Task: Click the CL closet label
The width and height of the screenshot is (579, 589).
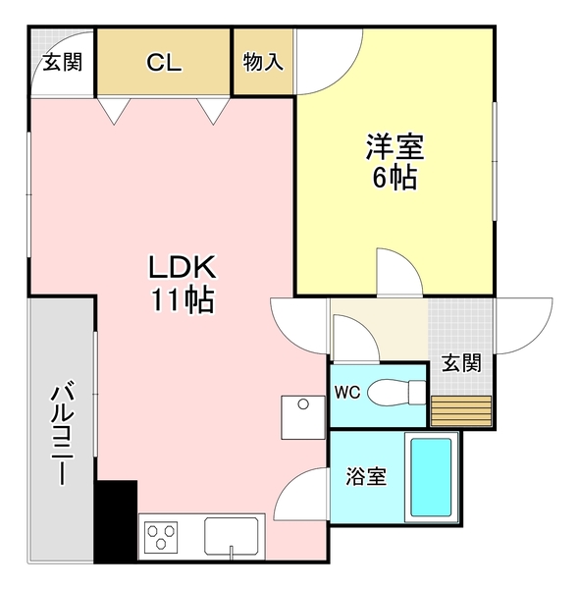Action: (x=164, y=62)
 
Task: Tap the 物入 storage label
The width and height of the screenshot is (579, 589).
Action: (x=263, y=62)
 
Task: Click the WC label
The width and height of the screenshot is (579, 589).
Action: (x=348, y=393)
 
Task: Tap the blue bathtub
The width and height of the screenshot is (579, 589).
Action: (x=430, y=480)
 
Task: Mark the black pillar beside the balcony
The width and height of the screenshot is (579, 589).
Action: (x=116, y=520)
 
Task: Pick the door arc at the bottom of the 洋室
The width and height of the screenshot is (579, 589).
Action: (x=398, y=269)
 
